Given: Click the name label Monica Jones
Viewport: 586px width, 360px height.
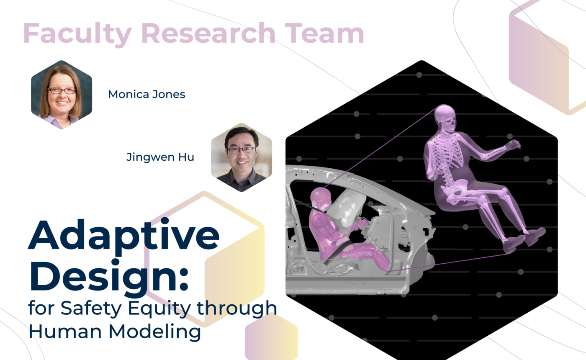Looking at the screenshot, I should pyautogui.click(x=146, y=94).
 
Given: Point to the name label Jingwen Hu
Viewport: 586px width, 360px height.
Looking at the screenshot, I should pyautogui.click(x=160, y=157).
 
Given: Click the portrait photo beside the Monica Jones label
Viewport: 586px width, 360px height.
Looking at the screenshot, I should pyautogui.click(x=62, y=95).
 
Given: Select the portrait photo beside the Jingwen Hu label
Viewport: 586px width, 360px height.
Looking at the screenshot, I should pyautogui.click(x=242, y=157).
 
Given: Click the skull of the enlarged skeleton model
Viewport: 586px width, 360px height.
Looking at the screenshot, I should pyautogui.click(x=445, y=116).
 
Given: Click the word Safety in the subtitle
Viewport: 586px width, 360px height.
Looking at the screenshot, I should pyautogui.click(x=88, y=309).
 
